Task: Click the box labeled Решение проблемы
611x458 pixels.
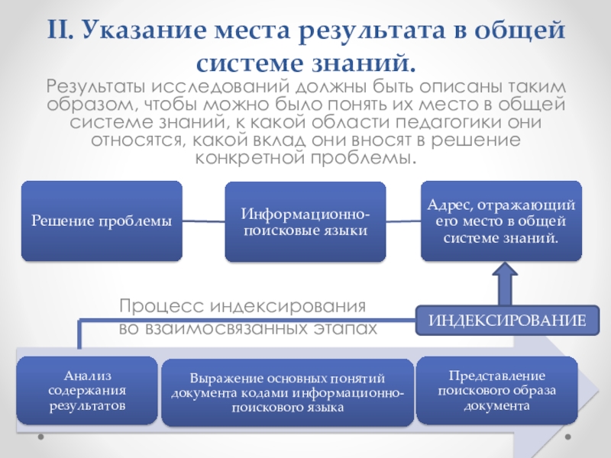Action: point(101,221)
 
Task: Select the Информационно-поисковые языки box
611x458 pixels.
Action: point(303,221)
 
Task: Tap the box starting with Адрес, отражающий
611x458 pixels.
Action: point(502,221)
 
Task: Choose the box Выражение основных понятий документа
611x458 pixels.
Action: point(288,392)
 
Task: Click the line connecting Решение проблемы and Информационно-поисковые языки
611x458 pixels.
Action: point(203,222)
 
